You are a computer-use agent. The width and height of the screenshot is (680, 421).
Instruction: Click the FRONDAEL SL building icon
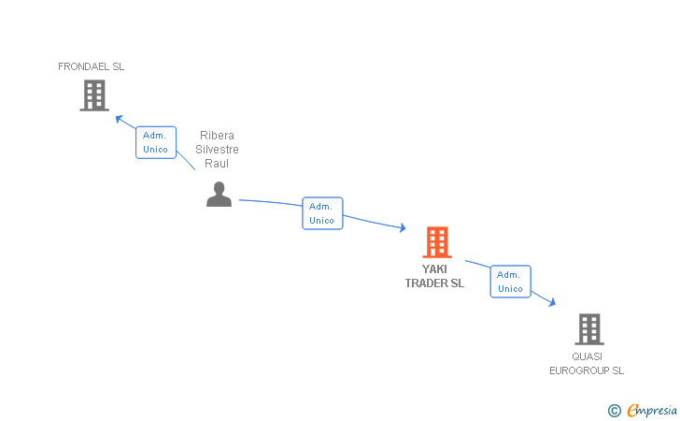click(94, 95)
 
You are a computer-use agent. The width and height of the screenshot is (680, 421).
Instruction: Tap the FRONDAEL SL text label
click(91, 66)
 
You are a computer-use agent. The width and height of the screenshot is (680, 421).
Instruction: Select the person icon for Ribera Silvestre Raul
click(219, 195)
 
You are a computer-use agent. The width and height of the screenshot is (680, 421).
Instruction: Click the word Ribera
click(217, 136)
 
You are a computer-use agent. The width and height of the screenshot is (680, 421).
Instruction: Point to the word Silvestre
click(217, 150)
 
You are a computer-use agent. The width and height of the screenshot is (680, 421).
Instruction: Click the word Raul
click(217, 164)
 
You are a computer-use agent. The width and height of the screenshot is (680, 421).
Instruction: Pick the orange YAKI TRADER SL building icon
click(436, 242)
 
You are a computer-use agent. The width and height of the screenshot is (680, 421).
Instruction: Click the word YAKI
click(434, 269)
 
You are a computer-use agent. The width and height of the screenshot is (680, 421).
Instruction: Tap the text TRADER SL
click(434, 283)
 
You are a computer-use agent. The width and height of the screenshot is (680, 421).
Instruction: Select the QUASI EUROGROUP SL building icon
click(588, 329)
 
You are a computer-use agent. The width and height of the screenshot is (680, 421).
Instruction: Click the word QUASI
click(588, 356)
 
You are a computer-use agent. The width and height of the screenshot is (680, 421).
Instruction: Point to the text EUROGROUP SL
click(587, 370)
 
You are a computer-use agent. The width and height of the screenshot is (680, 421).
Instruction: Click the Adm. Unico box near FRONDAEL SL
click(155, 142)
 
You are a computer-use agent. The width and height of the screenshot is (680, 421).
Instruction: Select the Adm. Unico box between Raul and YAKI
click(322, 213)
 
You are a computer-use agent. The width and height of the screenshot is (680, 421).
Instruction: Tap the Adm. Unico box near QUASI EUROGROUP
click(510, 282)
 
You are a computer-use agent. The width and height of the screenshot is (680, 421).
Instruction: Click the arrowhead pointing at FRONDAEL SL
click(119, 119)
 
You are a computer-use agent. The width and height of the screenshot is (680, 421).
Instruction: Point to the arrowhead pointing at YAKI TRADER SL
click(402, 228)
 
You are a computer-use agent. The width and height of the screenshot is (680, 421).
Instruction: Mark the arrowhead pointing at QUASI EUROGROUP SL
click(552, 302)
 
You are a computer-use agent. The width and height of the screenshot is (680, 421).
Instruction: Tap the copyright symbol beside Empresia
click(614, 410)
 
